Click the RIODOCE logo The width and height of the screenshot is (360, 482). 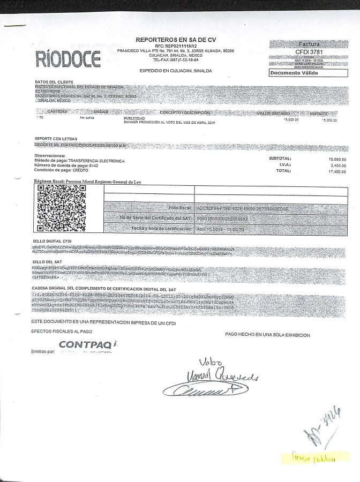[68, 58]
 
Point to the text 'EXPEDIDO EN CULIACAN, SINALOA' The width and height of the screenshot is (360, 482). [176, 71]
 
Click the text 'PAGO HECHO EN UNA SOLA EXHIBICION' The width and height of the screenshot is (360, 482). [267, 335]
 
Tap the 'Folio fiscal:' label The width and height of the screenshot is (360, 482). [180, 207]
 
